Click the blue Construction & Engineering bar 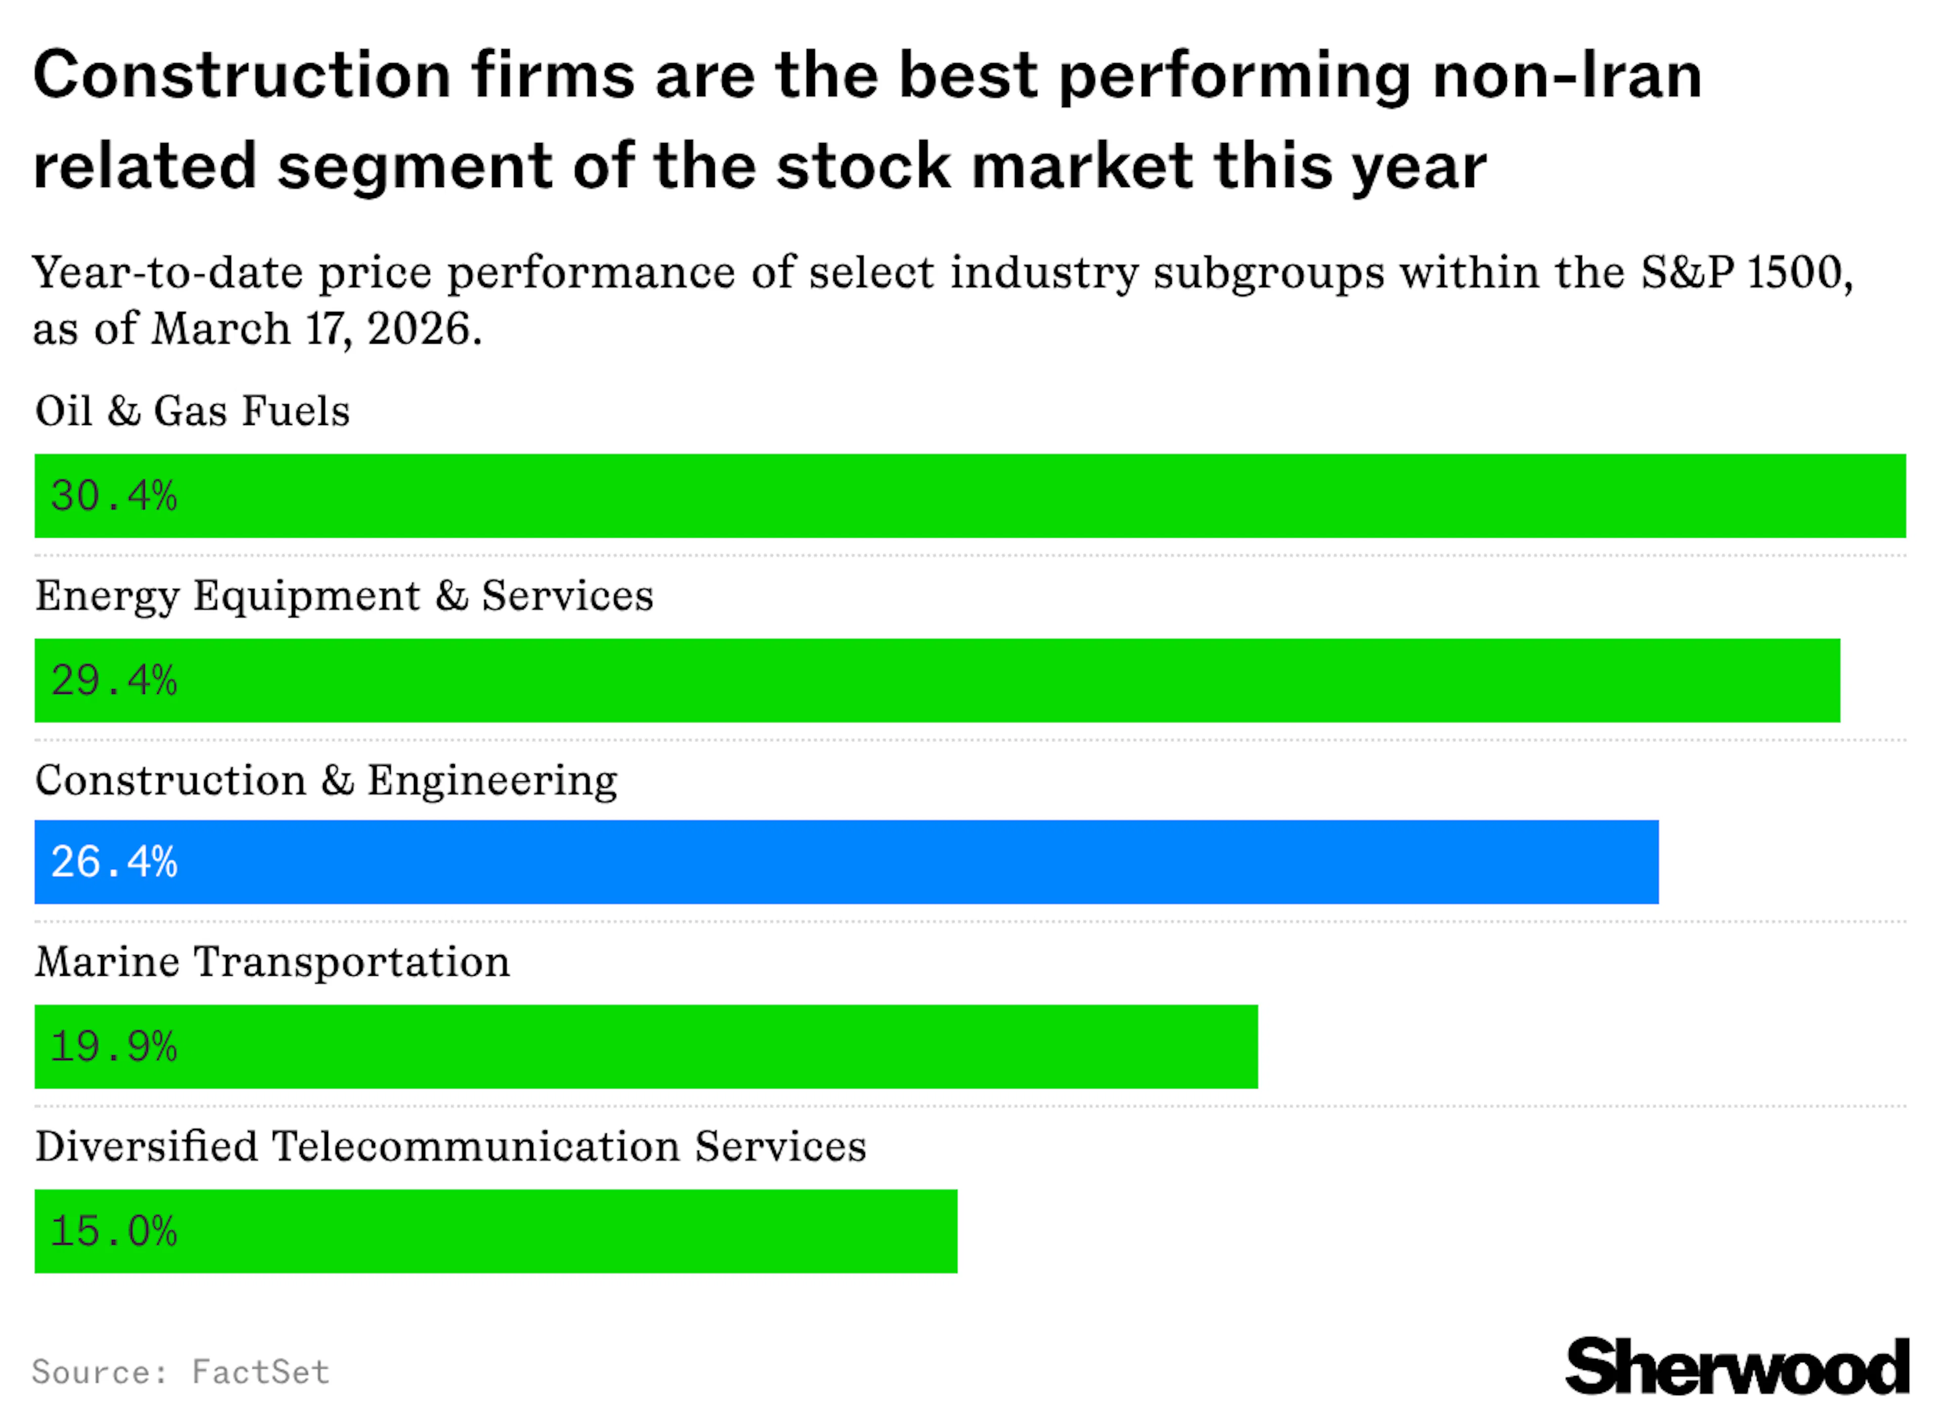(x=847, y=862)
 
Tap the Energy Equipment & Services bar (x=937, y=681)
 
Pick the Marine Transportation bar (x=646, y=1047)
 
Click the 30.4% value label (x=114, y=496)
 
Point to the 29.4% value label (x=114, y=681)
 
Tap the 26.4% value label (x=114, y=862)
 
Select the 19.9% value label (x=114, y=1047)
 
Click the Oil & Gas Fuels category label (x=192, y=411)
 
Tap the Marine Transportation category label (x=272, y=962)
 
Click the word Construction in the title (x=242, y=76)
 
